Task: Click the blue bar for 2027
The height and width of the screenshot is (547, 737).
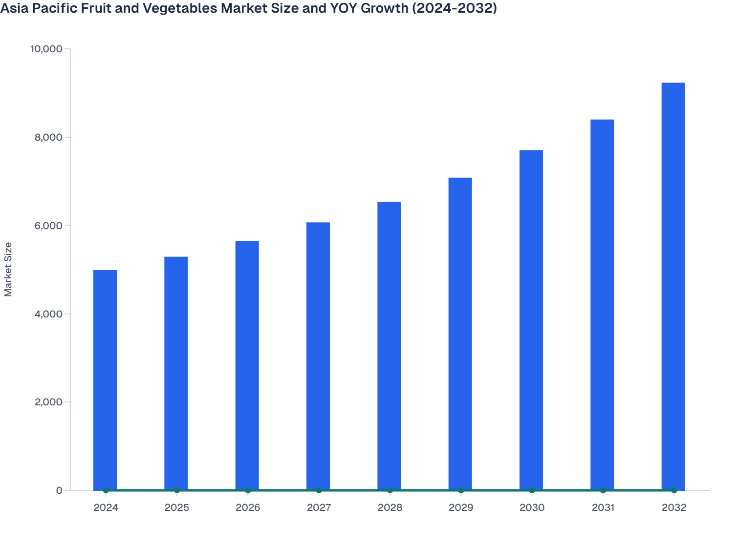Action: pos(318,356)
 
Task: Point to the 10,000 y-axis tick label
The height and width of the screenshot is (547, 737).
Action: pos(46,49)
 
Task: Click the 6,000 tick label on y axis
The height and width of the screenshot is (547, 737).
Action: pos(48,226)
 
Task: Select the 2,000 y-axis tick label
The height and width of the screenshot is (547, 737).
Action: pos(48,402)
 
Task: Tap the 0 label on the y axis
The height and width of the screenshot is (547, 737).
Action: pos(59,490)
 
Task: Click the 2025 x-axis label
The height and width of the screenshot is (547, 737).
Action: pos(176,507)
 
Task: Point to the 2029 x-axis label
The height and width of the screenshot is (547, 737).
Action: pos(460,507)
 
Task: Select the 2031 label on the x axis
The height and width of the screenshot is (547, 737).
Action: pos(603,507)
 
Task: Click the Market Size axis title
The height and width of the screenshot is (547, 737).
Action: pos(8,269)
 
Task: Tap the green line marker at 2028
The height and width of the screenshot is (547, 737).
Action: pos(390,490)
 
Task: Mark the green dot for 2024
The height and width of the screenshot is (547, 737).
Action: pos(106,490)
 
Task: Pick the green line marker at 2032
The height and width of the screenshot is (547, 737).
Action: pos(673,490)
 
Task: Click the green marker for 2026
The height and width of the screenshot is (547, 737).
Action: pos(248,490)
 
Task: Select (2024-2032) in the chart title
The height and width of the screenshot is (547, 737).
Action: pos(455,8)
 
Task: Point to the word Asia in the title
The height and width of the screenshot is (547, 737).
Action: pos(13,8)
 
